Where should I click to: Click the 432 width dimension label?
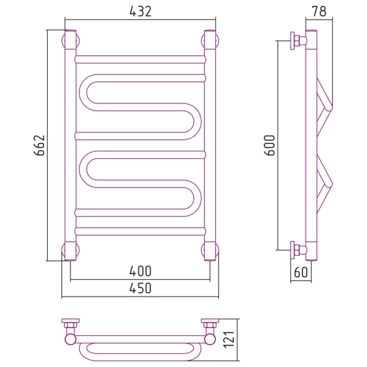coord(140,11)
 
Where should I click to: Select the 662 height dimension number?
coord(39,145)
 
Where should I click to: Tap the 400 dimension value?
coord(140,271)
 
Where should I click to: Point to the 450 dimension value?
coord(140,288)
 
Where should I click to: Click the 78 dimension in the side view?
coord(319,11)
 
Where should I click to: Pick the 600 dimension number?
coord(269,145)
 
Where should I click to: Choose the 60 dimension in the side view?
coord(300,272)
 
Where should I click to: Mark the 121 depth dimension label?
coord(229,340)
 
